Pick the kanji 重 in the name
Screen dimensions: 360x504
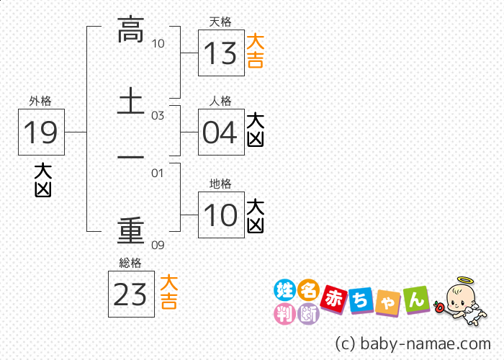pos(131,230)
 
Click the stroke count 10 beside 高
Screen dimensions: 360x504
pos(158,44)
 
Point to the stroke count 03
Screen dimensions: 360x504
pos(158,115)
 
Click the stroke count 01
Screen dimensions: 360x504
pos(158,173)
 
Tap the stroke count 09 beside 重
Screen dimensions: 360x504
pos(158,245)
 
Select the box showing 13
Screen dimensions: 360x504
pos(221,53)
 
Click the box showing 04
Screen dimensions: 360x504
pos(221,132)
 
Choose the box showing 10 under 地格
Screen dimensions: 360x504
pos(221,215)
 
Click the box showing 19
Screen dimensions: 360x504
pos(42,132)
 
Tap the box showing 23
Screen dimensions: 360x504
pos(131,294)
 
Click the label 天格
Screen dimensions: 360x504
pos(221,22)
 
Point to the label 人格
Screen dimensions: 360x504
pos(221,102)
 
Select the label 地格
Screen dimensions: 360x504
pos(221,184)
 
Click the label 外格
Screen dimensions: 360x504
pos(40,102)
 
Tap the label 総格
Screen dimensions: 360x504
pos(130,263)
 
